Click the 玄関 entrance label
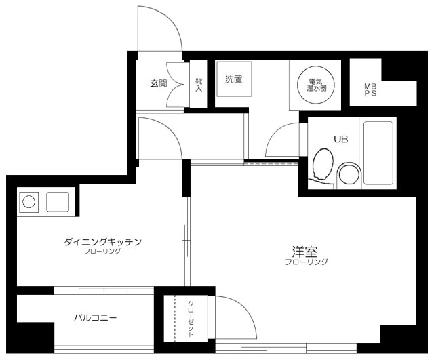159,83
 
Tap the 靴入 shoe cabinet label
199,85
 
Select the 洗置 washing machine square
234,79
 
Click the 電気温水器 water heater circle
316,84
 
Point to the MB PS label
370,90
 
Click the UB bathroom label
340,139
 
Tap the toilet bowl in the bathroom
323,164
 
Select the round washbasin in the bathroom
349,175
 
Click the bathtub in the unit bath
378,153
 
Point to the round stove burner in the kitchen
28,201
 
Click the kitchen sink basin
58,202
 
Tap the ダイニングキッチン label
103,242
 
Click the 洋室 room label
304,252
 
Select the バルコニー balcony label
95,318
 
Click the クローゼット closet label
191,319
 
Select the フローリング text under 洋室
307,262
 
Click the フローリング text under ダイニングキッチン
102,252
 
